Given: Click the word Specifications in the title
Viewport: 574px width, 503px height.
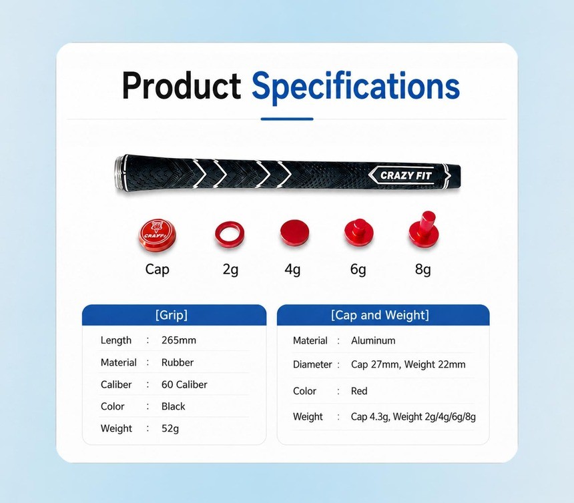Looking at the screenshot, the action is [356, 87].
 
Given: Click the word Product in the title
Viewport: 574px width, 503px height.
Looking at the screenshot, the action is [182, 85].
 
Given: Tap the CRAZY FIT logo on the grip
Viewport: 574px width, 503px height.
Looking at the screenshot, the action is [406, 175].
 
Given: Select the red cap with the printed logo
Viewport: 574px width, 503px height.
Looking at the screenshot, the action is [157, 236].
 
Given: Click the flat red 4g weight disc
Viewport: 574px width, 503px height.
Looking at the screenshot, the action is [294, 233].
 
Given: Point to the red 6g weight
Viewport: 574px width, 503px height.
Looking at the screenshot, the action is [359, 233].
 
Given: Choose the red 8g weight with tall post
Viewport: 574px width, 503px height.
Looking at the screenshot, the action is [424, 230].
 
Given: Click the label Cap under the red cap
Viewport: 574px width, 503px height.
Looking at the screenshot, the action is [157, 270].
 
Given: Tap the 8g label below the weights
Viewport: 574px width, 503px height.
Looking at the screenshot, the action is [422, 270].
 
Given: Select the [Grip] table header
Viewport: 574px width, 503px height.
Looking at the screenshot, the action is [172, 315].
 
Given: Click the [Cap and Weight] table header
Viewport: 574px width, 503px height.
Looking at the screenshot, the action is [380, 315].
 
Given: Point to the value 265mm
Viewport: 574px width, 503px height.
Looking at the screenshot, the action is [179, 340].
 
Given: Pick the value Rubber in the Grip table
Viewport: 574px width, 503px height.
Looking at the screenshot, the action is [178, 362].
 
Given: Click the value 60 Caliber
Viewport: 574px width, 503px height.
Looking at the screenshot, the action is [184, 384].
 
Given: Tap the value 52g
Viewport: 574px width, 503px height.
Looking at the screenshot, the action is [170, 429].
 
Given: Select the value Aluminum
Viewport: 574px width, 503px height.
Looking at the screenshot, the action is [373, 341].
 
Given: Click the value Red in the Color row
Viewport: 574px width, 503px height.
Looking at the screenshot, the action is [359, 391].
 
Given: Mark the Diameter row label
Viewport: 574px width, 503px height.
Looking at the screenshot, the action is [312, 365].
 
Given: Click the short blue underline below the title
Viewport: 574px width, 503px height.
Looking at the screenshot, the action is [287, 119].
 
